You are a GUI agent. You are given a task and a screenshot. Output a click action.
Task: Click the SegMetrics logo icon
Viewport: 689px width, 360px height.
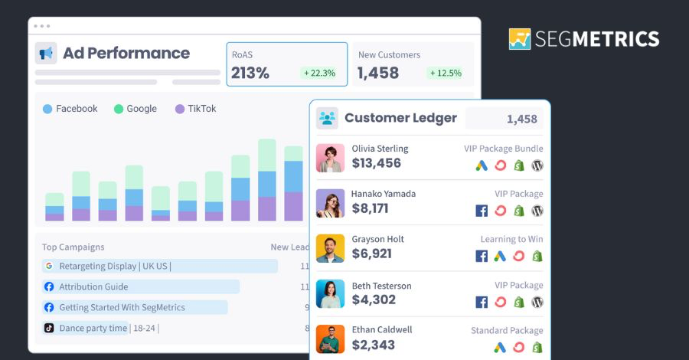[x=520, y=39]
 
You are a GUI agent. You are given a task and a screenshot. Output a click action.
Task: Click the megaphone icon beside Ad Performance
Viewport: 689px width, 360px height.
[x=46, y=53]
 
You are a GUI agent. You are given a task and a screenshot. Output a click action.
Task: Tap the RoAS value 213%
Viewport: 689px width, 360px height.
[x=250, y=73]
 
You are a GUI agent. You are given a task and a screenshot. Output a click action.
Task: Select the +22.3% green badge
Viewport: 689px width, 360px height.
[x=319, y=73]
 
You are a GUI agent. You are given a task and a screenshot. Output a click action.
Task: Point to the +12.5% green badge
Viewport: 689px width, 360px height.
[x=446, y=73]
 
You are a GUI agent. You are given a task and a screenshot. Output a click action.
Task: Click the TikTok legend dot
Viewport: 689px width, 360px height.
[x=180, y=109]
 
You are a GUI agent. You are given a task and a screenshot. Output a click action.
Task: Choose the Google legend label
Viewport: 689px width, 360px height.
[x=142, y=109]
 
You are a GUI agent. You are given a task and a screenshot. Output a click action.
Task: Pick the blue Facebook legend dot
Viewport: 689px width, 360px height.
[x=47, y=109]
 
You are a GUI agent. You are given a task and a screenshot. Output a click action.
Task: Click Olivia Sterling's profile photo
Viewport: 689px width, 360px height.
[x=330, y=158]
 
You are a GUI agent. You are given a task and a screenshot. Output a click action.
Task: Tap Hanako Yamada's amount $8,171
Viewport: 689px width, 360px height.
[x=370, y=208]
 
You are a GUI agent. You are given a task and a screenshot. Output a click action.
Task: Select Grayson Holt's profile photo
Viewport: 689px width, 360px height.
[x=330, y=248]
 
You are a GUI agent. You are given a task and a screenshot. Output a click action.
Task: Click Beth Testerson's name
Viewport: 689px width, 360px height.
[x=381, y=286]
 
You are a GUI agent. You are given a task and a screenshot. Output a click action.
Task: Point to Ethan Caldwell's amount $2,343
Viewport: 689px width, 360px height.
[x=374, y=345]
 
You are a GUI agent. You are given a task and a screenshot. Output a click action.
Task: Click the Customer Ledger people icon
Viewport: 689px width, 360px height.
[x=328, y=118]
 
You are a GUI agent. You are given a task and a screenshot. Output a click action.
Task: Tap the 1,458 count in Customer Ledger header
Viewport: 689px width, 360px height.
[x=522, y=119]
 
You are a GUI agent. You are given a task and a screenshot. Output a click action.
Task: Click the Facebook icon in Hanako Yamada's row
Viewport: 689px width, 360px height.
[x=482, y=211]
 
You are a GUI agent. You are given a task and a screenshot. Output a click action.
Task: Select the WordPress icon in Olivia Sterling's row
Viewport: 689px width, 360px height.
[x=537, y=165]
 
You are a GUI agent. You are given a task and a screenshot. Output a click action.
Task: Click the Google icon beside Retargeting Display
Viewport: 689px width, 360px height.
[x=49, y=267]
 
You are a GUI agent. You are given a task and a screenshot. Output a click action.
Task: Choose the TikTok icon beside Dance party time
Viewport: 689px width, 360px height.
[x=49, y=328]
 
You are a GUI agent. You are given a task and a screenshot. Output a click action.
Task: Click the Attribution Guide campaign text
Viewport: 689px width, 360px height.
[x=93, y=286]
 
